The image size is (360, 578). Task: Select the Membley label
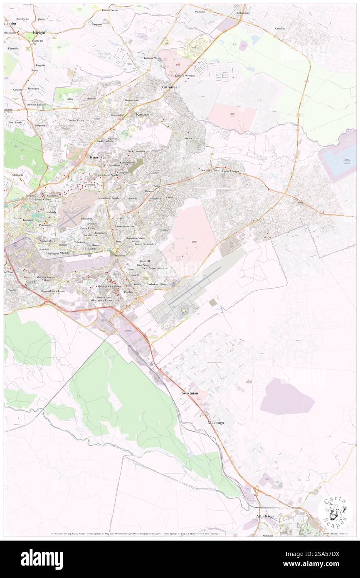pyautogui.click(x=200, y=12)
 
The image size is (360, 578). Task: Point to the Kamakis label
pyautogui.click(x=280, y=28)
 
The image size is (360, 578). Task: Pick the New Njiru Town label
pyautogui.click(x=210, y=170)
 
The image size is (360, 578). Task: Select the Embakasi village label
pyautogui.click(x=157, y=284)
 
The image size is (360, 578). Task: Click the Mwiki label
pyautogui.click(x=188, y=138)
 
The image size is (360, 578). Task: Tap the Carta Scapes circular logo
pyautogui.click(x=335, y=511)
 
